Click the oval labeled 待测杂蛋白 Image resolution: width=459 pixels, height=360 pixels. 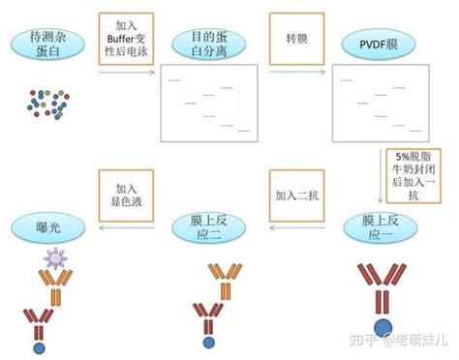(x=47, y=44)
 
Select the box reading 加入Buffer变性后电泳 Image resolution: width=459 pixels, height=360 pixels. (x=126, y=39)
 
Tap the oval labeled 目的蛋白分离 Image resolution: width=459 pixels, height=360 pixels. (x=209, y=44)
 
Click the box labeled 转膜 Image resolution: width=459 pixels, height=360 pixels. (x=297, y=39)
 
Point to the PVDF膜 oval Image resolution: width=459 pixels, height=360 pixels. (x=379, y=44)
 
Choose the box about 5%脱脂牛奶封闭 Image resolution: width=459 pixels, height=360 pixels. (x=413, y=176)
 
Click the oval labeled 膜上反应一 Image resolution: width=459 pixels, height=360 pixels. (x=381, y=228)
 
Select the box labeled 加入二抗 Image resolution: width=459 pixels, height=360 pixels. (x=297, y=195)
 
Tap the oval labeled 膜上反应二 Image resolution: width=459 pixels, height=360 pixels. (x=209, y=228)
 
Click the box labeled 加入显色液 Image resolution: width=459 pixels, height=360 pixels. (x=126, y=195)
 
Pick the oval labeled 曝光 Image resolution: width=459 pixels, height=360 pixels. (x=48, y=228)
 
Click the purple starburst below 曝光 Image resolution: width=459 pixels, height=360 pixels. (x=55, y=258)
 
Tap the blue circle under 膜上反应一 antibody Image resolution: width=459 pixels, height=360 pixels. (x=383, y=327)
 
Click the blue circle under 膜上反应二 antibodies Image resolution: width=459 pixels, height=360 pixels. (x=209, y=343)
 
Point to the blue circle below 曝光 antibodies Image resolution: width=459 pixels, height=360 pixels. (x=40, y=348)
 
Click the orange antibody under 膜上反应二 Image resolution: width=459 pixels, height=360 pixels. (x=226, y=282)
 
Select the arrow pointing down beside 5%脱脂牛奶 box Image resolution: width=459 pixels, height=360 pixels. (x=381, y=176)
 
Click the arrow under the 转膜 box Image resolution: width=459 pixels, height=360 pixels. (x=297, y=72)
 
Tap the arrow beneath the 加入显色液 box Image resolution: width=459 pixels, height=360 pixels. (x=127, y=227)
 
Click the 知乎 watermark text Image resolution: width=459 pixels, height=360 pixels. (x=363, y=340)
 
